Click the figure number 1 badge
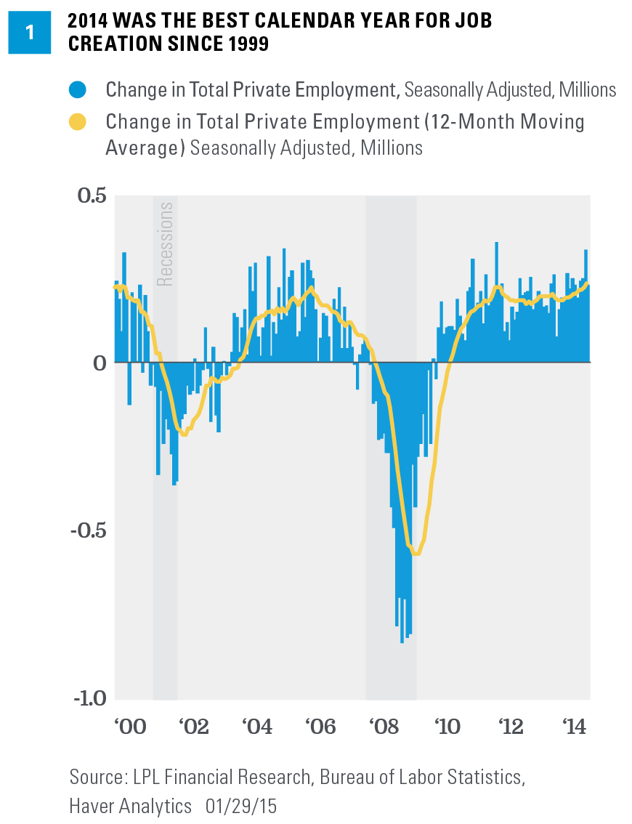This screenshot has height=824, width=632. [x=30, y=32]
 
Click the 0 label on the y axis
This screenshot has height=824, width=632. [x=99, y=363]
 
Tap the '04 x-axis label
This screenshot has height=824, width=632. [x=256, y=726]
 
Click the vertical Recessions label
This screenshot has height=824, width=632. [x=166, y=243]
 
